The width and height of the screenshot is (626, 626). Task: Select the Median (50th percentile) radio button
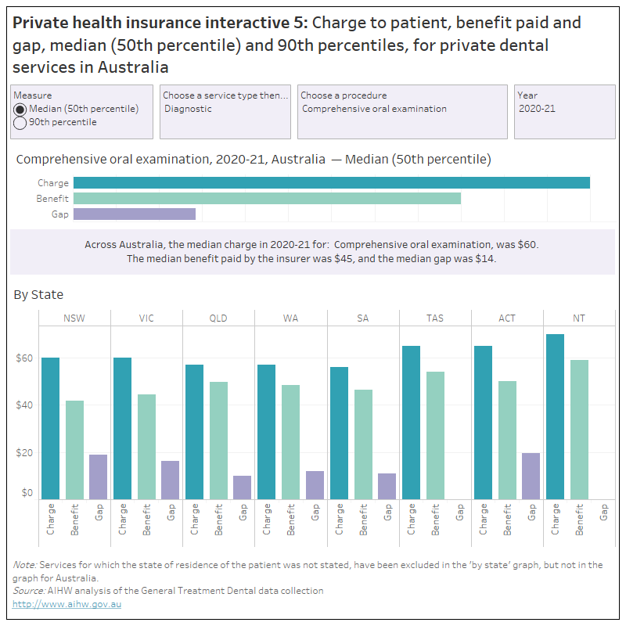coord(20,109)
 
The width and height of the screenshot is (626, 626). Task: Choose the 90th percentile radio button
coord(20,123)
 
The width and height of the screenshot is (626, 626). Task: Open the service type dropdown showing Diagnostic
coord(225,109)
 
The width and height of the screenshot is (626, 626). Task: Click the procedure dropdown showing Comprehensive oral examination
coord(402,109)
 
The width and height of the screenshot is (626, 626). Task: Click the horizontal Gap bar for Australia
coord(134,214)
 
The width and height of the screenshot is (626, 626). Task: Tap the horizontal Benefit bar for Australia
coord(267,199)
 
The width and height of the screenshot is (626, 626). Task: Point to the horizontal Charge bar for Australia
coord(331,183)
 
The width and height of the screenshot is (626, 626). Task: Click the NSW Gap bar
coord(99,477)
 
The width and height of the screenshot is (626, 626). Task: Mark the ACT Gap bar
coord(531,476)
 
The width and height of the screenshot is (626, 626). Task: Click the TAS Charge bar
coord(411,423)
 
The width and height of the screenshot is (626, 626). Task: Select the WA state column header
coord(290,318)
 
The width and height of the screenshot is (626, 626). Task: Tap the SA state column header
coord(362,318)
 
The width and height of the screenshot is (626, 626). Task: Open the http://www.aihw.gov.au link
coord(67,604)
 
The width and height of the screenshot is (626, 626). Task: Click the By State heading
coord(38,295)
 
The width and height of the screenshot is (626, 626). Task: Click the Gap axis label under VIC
coord(171,513)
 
